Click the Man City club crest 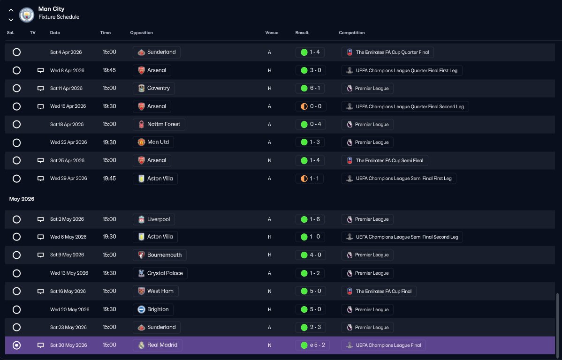27,15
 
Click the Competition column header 352,33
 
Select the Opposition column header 141,33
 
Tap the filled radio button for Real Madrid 16,345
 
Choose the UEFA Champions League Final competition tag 384,345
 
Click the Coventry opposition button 154,88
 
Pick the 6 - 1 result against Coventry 311,88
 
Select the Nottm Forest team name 164,124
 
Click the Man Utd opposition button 153,142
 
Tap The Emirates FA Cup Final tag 379,291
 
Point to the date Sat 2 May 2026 67,219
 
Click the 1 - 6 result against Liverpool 311,219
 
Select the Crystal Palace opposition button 160,273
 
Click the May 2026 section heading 22,199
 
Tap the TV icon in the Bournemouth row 40,255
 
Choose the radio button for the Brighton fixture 16,309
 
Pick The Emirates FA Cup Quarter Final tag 387,52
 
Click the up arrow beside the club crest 11,10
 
